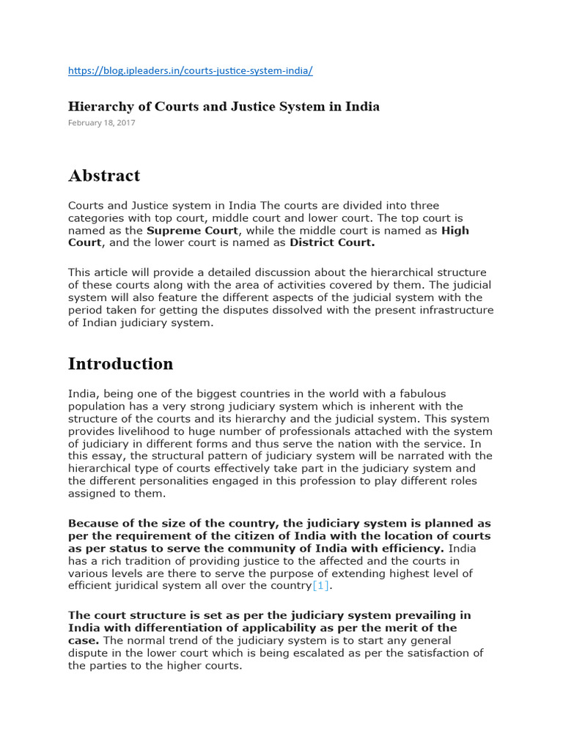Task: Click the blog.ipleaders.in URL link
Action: (x=191, y=70)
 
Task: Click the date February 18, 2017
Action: (x=101, y=123)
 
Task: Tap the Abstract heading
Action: (x=104, y=176)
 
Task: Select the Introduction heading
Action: (x=121, y=364)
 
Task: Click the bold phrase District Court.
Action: (x=332, y=242)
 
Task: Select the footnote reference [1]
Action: (x=321, y=585)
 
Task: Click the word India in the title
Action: (x=364, y=106)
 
